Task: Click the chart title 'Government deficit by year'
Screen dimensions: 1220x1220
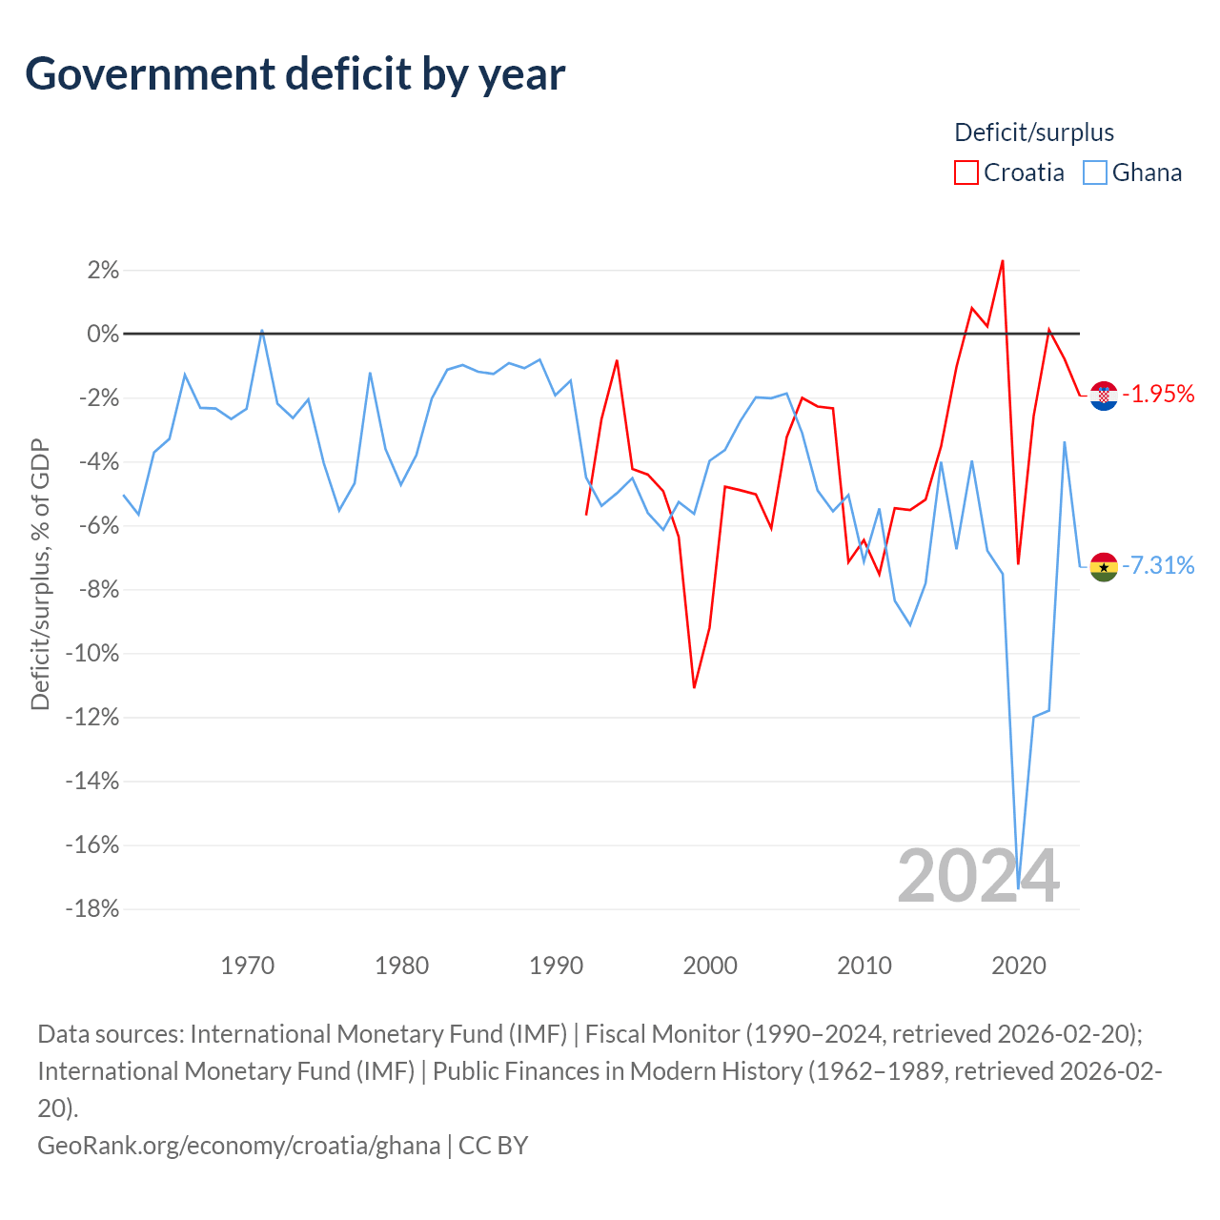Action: (x=295, y=74)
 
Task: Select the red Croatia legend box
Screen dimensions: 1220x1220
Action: (x=966, y=173)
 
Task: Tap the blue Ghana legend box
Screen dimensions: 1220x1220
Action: (x=1094, y=173)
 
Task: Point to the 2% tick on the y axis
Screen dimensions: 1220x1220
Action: (x=103, y=271)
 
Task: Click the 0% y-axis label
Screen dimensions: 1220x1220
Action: (x=103, y=334)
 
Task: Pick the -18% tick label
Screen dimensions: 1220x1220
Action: (x=92, y=909)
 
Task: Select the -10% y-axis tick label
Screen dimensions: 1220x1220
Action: (x=92, y=653)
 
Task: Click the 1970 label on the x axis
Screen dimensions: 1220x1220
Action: (x=248, y=966)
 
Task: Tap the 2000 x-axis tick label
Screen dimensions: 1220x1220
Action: (x=710, y=966)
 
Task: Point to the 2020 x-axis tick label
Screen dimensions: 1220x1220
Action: (x=1019, y=966)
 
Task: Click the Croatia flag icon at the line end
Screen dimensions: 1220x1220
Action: (x=1104, y=396)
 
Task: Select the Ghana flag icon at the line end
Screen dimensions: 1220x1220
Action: (x=1104, y=566)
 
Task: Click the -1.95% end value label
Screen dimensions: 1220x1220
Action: (x=1158, y=395)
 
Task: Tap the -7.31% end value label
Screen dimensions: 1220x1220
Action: (x=1158, y=565)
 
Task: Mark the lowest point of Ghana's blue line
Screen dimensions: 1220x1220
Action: (x=1018, y=888)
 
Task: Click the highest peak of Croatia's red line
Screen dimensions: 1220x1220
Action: (x=1003, y=261)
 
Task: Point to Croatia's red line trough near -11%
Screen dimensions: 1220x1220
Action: (x=695, y=687)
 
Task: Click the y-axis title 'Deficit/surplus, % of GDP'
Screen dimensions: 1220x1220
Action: (x=41, y=574)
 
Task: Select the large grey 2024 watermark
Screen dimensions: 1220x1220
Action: (x=978, y=876)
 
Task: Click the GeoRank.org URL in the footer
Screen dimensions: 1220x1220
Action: (x=239, y=1146)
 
